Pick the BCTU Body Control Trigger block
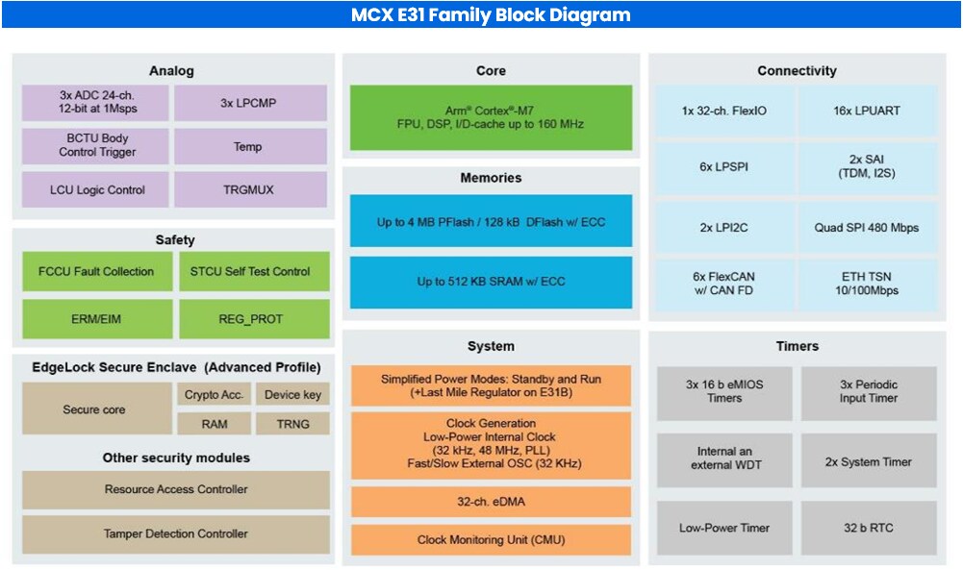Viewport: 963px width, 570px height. pos(97,146)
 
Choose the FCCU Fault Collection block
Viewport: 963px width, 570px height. pos(97,272)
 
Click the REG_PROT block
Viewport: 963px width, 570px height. pos(254,319)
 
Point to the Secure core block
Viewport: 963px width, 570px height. pos(94,409)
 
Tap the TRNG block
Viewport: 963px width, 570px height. pos(294,423)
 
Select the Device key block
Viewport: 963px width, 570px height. pos(294,394)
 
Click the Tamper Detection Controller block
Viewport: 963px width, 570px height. pos(175,533)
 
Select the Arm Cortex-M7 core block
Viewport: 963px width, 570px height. pos(491,117)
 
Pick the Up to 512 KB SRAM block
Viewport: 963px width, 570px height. pos(491,282)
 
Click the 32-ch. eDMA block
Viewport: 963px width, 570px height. pos(491,501)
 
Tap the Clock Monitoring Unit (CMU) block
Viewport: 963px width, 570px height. pos(491,539)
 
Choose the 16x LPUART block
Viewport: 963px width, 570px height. pos(867,111)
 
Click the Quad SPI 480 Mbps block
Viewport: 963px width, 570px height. pos(867,228)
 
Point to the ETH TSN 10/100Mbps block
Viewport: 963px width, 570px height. pos(867,284)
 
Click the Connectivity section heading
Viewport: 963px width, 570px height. pos(797,71)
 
